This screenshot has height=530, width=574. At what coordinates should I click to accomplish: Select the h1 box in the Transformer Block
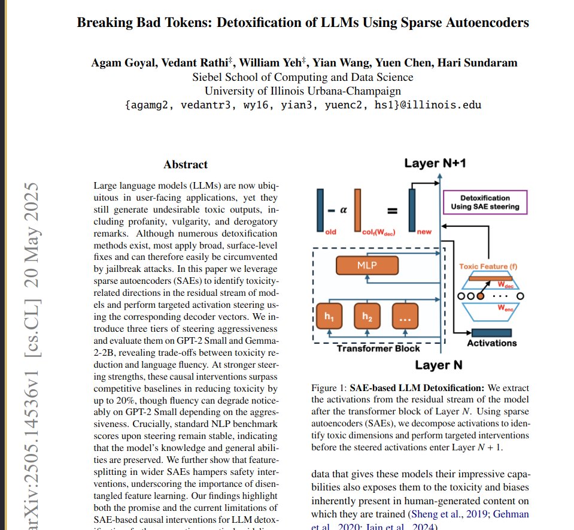click(x=329, y=316)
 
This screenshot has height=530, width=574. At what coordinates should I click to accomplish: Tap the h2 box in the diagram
click(x=366, y=316)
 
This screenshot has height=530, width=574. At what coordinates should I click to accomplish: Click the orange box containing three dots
click(x=405, y=316)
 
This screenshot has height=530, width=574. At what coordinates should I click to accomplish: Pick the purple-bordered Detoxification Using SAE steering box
click(x=485, y=202)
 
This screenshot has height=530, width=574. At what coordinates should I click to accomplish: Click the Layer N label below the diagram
click(x=438, y=365)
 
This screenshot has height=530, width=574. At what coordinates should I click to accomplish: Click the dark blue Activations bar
click(x=491, y=333)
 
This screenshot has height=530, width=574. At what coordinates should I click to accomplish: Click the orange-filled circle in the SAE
click(x=479, y=296)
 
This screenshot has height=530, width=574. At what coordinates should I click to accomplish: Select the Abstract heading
click(x=186, y=164)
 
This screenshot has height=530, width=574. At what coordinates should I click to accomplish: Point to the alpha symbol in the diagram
click(x=344, y=210)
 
